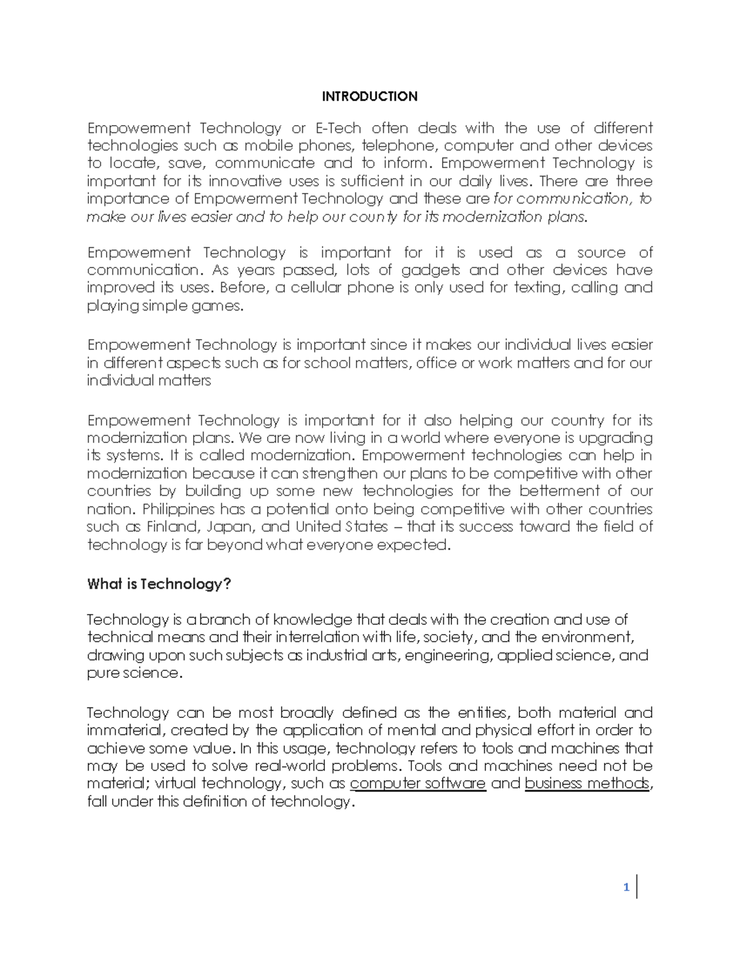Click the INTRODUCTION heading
click(x=370, y=96)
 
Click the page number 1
click(x=626, y=887)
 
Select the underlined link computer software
click(x=417, y=783)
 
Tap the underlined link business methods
click(x=586, y=783)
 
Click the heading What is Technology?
click(x=158, y=584)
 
